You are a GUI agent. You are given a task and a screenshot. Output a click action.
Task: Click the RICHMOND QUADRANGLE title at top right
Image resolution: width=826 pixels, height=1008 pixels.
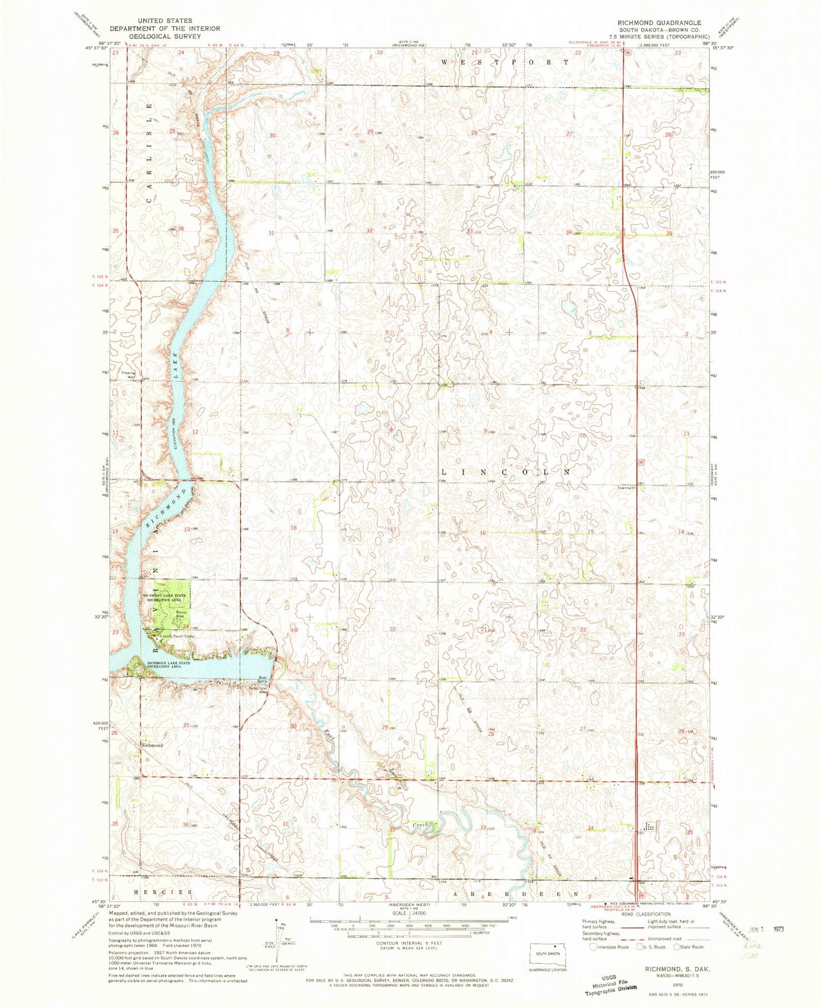(x=659, y=22)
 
